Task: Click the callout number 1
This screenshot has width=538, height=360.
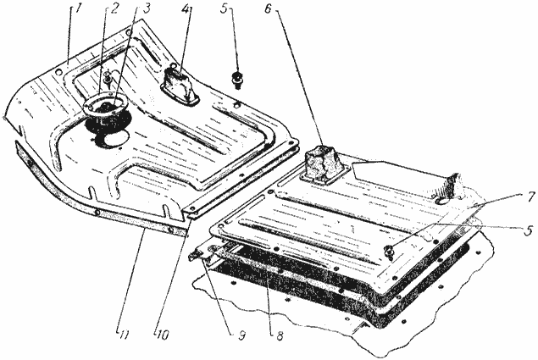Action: [x=78, y=9]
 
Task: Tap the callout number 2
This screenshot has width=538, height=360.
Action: [x=114, y=9]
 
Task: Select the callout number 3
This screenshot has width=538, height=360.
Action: [x=147, y=9]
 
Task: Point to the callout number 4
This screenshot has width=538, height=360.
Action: [x=186, y=9]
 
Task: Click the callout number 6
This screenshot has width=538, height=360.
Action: [x=268, y=8]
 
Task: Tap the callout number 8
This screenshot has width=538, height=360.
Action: [x=280, y=335]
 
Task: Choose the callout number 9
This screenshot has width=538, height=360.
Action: [x=242, y=335]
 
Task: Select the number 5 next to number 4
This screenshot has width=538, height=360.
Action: [x=224, y=8]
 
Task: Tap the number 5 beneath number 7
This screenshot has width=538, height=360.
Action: [x=529, y=230]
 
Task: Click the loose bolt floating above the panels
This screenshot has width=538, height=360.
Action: [x=236, y=80]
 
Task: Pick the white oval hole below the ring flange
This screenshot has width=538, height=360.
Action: [x=114, y=138]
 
